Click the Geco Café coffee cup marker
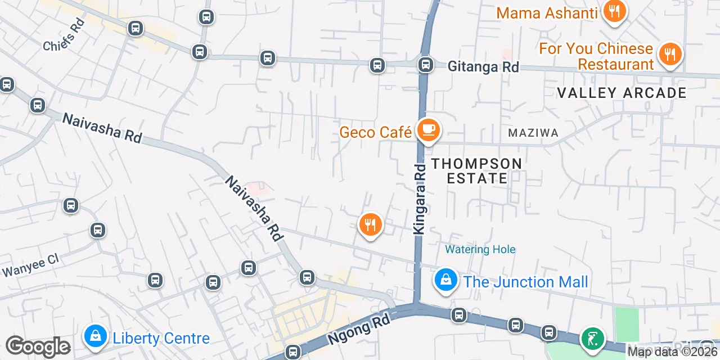pyautogui.click(x=428, y=130)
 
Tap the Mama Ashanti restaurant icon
pyautogui.click(x=614, y=11)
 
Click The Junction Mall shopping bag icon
pyautogui.click(x=445, y=280)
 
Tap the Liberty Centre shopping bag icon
pyautogui.click(x=96, y=336)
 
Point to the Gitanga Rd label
pyautogui.click(x=483, y=66)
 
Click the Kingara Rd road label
pyautogui.click(x=420, y=199)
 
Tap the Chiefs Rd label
pyautogui.click(x=64, y=35)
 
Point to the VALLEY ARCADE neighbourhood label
pyautogui.click(x=622, y=93)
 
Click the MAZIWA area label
pyautogui.click(x=533, y=133)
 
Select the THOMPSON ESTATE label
pyautogui.click(x=476, y=171)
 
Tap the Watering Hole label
pyautogui.click(x=480, y=249)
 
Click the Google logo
pyautogui.click(x=38, y=347)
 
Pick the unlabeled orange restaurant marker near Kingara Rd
pyautogui.click(x=370, y=225)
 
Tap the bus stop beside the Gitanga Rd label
pyautogui.click(x=426, y=65)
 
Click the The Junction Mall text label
pyautogui.click(x=525, y=281)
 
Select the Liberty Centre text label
pyautogui.click(x=161, y=338)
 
